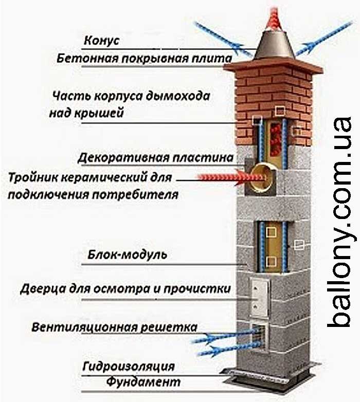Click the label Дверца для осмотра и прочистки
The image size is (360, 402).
[x=125, y=288]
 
